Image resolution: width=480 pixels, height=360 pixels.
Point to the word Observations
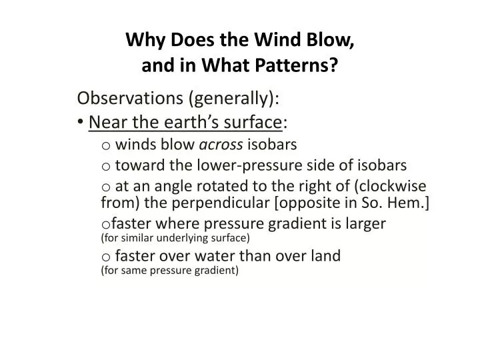tap(130, 99)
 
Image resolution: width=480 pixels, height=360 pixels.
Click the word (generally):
tap(234, 99)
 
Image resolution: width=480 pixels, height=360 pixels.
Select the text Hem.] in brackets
tap(412, 203)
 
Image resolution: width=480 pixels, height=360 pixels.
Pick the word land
tap(325, 255)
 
